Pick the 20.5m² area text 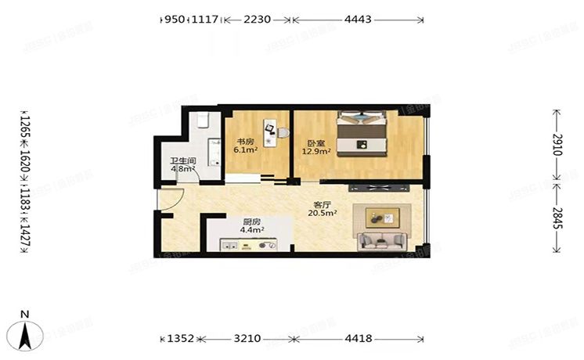coord(322,213)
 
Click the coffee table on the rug coord(384,217)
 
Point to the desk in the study coord(270,130)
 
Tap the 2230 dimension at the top coord(258,19)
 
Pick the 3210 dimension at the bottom coord(247,340)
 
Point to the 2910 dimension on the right coord(557,149)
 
